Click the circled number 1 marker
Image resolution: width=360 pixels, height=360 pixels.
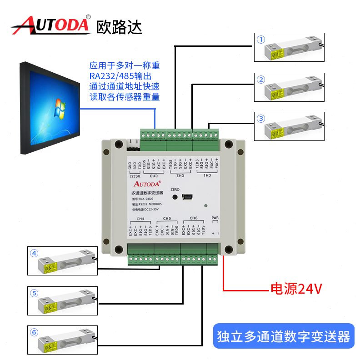click(x=260, y=40)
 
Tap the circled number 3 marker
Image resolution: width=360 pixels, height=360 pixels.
click(x=260, y=119)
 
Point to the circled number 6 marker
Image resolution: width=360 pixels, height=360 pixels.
click(x=34, y=332)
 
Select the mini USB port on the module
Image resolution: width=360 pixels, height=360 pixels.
click(x=187, y=197)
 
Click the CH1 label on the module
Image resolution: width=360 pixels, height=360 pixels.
click(x=207, y=175)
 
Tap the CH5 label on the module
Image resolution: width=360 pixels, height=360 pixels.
click(x=166, y=219)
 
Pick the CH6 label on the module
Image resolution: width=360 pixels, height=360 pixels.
click(x=193, y=219)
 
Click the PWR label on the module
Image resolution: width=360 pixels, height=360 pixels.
click(x=215, y=219)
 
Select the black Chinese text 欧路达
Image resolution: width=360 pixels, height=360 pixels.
click(x=119, y=26)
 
